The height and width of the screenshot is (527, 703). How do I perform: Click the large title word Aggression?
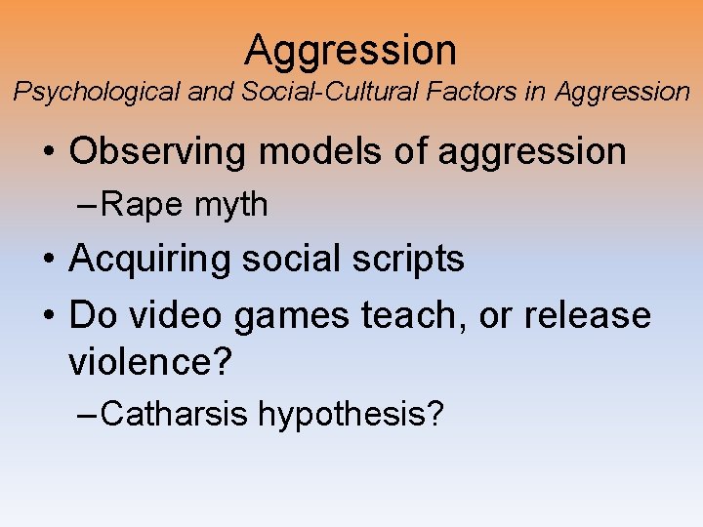coord(351,49)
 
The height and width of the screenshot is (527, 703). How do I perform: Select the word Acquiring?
coord(152,259)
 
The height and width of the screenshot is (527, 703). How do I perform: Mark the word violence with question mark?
coord(150,363)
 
